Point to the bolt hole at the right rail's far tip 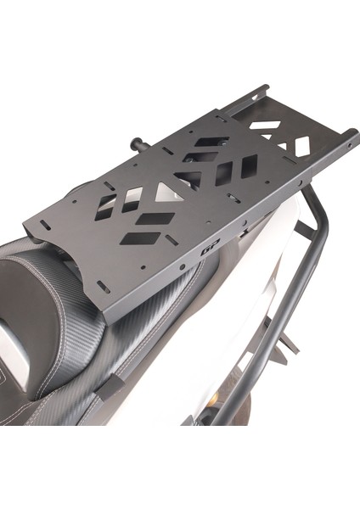[349, 144]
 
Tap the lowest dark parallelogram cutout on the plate [140, 238]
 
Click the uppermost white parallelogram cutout [266, 126]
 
